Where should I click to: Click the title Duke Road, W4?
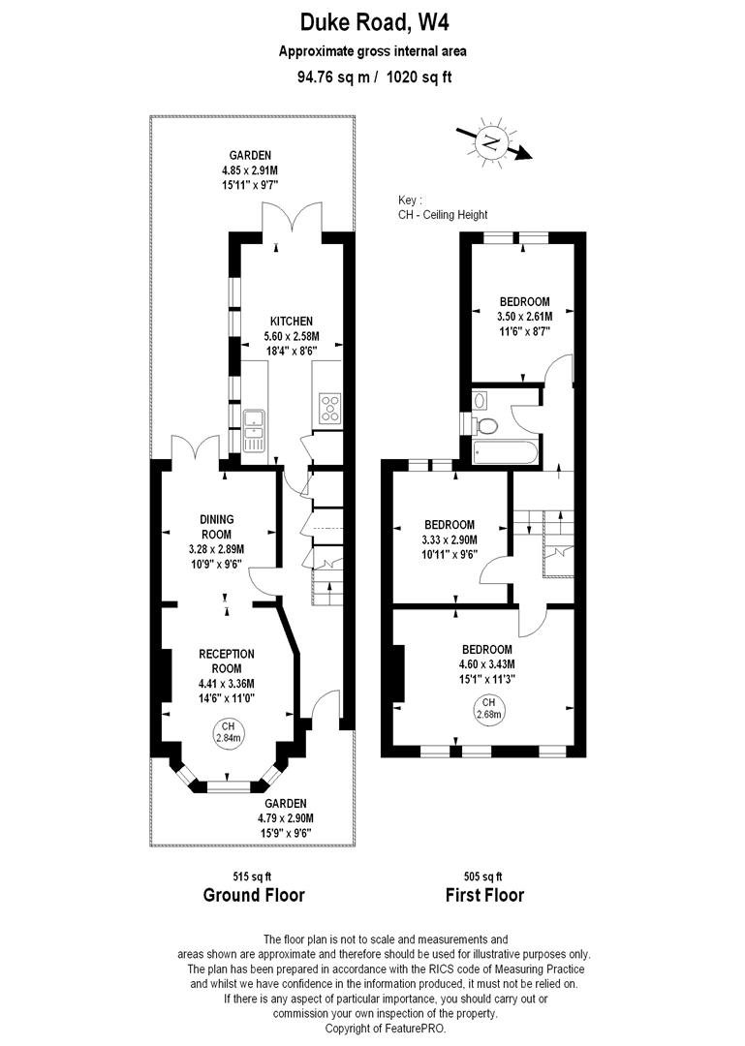pyautogui.click(x=373, y=21)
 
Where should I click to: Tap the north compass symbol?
pyautogui.click(x=492, y=144)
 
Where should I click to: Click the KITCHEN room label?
pyautogui.click(x=291, y=321)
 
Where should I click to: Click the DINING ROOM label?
pyautogui.click(x=217, y=527)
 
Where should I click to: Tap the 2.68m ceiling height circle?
pyautogui.click(x=488, y=709)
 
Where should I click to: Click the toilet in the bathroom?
pyautogui.click(x=484, y=424)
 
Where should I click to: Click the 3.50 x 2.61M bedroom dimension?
pyautogui.click(x=525, y=316)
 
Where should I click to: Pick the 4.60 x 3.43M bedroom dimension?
pyautogui.click(x=487, y=663)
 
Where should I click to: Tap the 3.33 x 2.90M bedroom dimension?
pyautogui.click(x=449, y=539)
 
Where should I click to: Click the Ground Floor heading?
pyautogui.click(x=254, y=895)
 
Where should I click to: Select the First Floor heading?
pyautogui.click(x=484, y=895)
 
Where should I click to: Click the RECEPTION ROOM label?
pyautogui.click(x=227, y=661)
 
